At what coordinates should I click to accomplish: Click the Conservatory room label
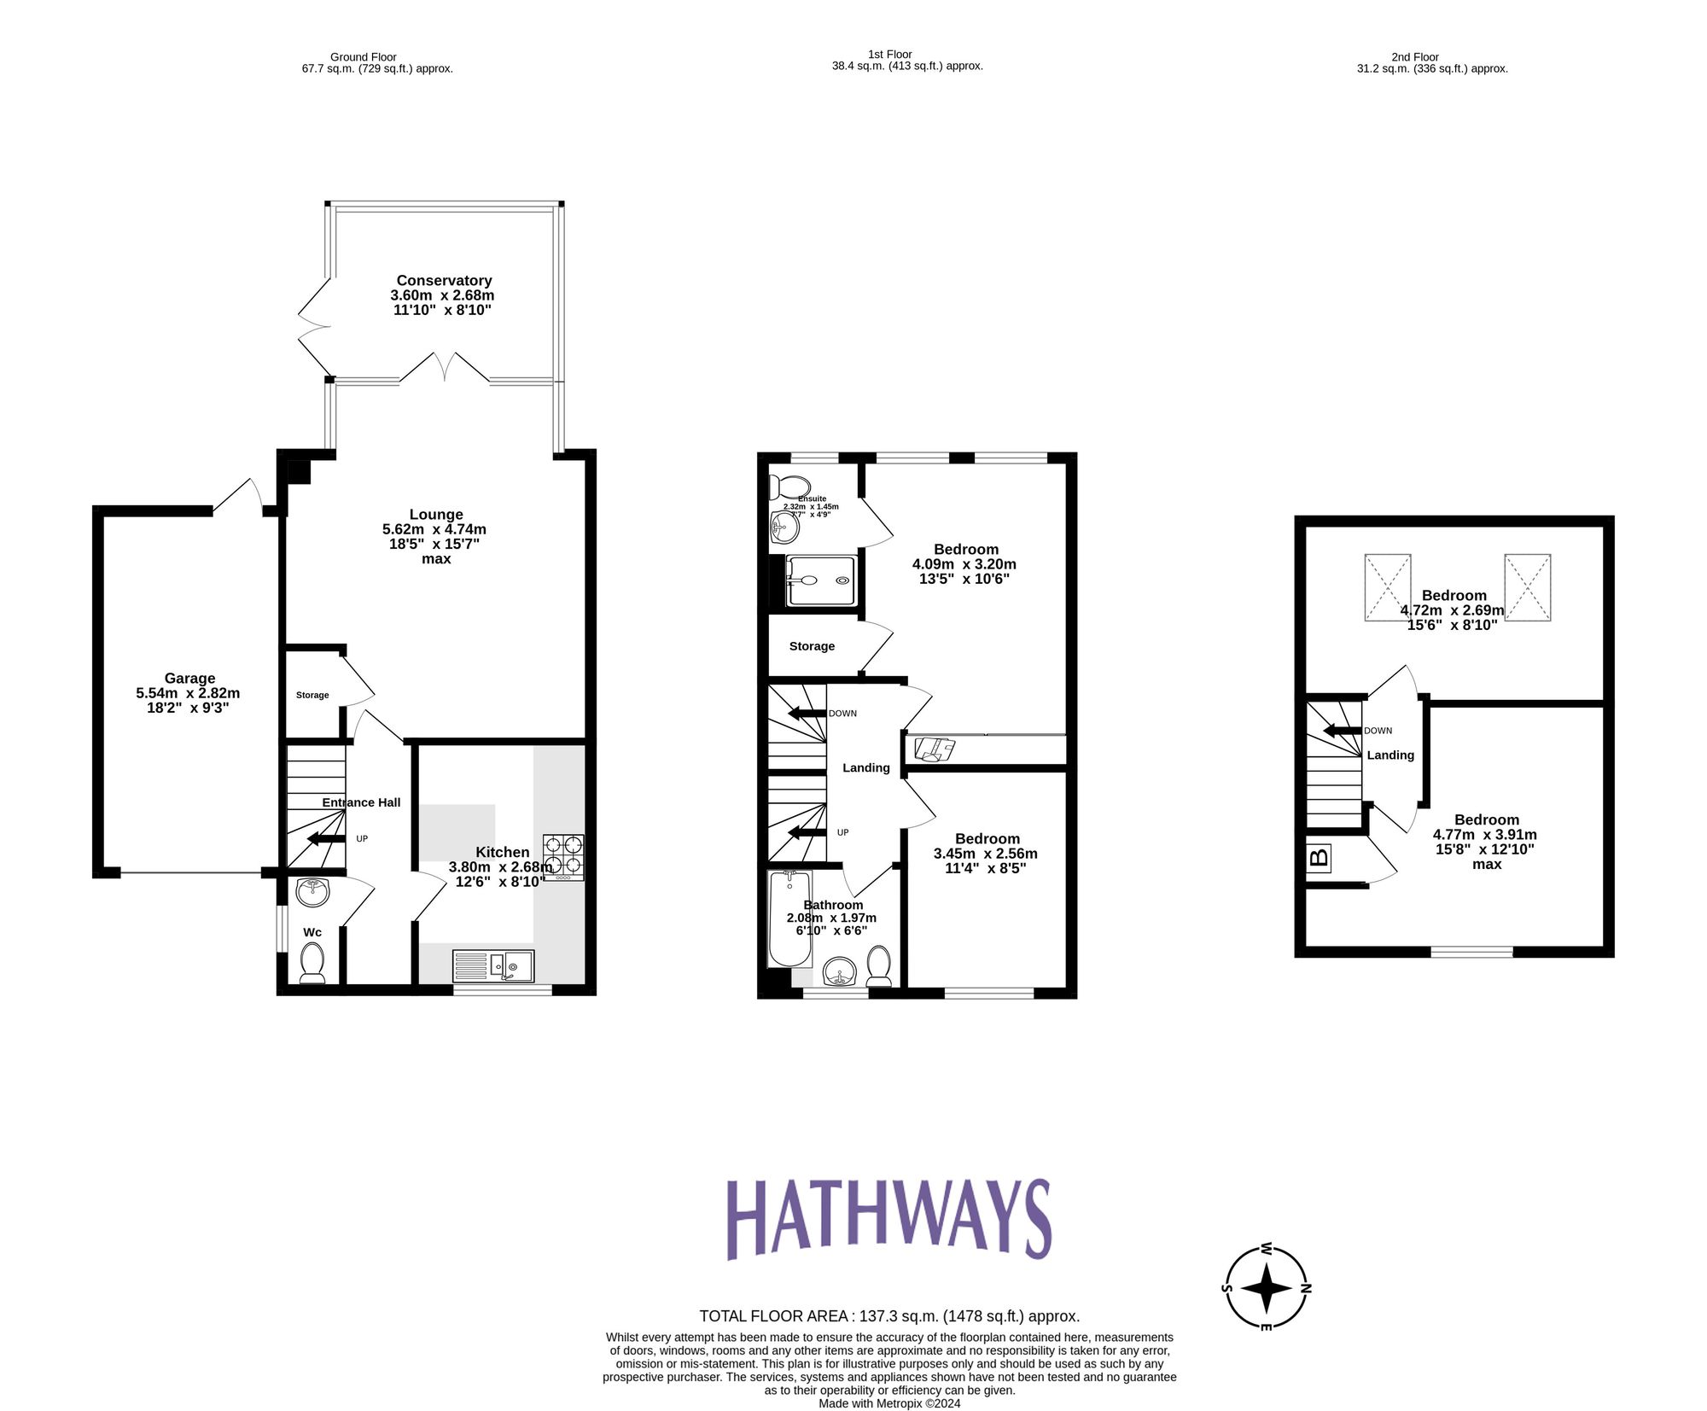444,281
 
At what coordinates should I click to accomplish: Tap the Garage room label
189,679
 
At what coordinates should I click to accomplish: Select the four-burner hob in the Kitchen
564,856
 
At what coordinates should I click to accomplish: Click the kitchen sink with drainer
493,966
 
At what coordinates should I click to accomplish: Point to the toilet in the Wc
312,963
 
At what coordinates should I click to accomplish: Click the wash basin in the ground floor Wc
313,892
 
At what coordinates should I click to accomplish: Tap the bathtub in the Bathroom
789,918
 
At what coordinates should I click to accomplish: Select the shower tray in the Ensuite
820,580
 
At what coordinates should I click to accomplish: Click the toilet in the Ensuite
787,487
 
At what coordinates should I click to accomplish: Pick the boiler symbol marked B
1319,857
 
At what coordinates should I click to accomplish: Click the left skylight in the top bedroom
1387,587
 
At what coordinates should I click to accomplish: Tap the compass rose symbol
1267,1288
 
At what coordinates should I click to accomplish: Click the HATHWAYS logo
888,1219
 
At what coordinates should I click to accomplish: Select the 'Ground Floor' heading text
364,57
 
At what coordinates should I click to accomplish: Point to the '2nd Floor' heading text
1415,57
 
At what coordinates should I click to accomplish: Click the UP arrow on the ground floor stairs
326,839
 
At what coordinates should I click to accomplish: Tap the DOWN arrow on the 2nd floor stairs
1341,731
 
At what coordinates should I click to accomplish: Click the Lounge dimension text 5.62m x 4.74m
434,529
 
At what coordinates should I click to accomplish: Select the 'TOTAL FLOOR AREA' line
889,1316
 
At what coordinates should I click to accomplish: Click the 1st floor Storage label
812,646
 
